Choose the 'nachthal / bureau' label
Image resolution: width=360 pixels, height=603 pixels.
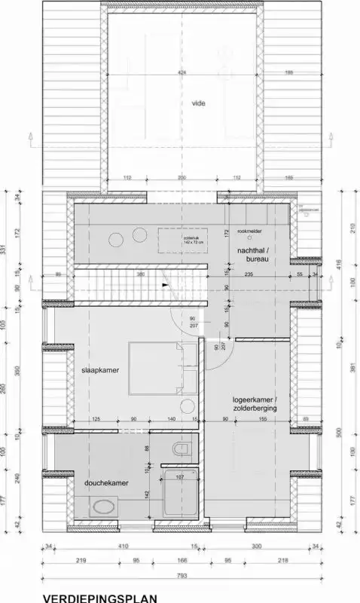252,254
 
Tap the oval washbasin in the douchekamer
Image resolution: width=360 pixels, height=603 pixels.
100,510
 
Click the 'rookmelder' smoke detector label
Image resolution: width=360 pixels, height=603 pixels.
249,231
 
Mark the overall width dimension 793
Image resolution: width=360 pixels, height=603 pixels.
180,575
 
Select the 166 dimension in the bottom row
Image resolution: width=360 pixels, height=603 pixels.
182,560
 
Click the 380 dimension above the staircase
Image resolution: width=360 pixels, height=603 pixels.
140,275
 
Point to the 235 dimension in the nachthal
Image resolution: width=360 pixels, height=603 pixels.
249,275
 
